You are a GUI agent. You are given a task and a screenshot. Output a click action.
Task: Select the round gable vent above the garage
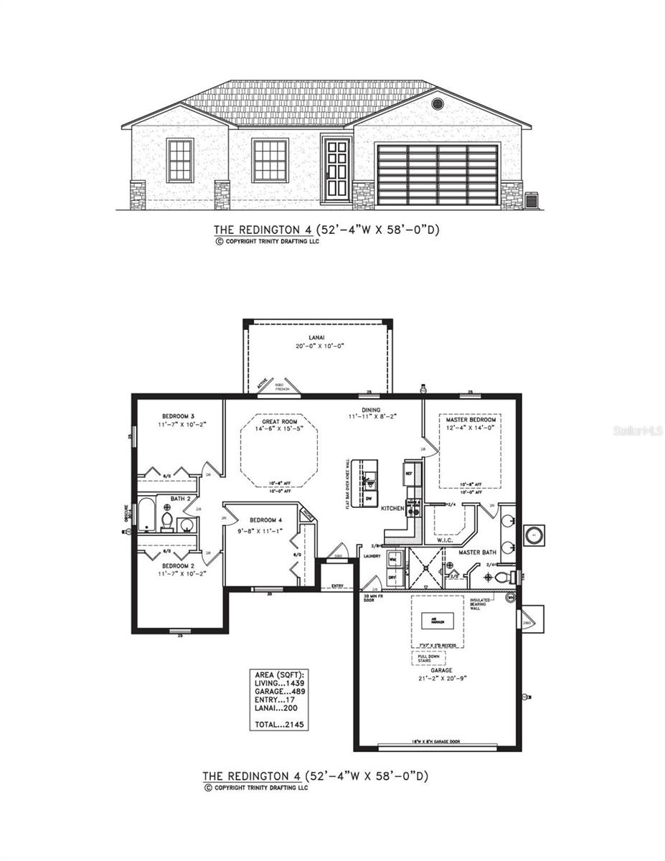(x=438, y=104)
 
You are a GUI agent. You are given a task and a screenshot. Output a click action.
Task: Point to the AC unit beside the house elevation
(x=532, y=200)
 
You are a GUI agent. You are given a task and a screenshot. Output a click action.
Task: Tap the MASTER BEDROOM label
(x=471, y=419)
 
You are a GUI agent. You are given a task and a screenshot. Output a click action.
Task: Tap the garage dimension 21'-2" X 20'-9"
(x=441, y=678)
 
